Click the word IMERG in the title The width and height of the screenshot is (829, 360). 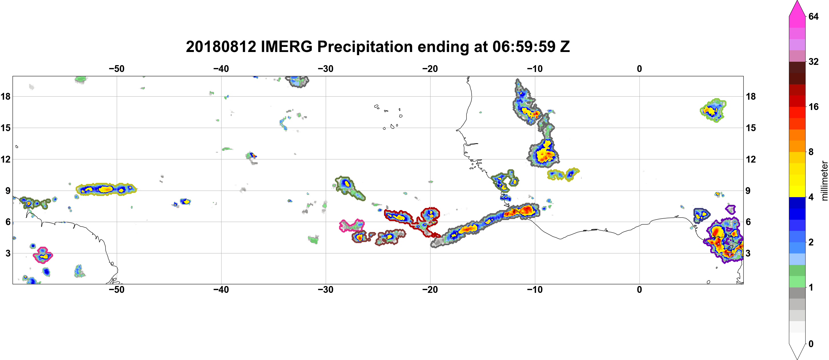coord(286,47)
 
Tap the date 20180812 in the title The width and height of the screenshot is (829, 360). coord(221,47)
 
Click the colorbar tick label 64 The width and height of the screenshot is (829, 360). coord(814,16)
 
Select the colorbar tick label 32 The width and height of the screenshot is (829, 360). coord(814,61)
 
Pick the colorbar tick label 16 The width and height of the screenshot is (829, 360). coord(814,107)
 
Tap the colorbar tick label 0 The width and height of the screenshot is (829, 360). coord(811,344)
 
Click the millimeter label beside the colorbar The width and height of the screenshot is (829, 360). coord(824,181)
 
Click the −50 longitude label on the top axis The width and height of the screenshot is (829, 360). coord(116,69)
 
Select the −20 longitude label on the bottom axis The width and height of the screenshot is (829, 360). coord(430,290)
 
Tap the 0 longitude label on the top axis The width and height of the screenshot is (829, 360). coord(639,69)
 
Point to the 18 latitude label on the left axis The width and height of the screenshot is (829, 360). coord(5,96)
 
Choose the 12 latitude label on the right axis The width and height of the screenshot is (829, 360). coord(751,159)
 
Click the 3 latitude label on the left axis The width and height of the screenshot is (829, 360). coord(8,253)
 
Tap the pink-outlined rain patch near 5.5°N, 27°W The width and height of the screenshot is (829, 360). coord(352,225)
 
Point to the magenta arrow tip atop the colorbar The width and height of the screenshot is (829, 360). coord(797,1)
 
